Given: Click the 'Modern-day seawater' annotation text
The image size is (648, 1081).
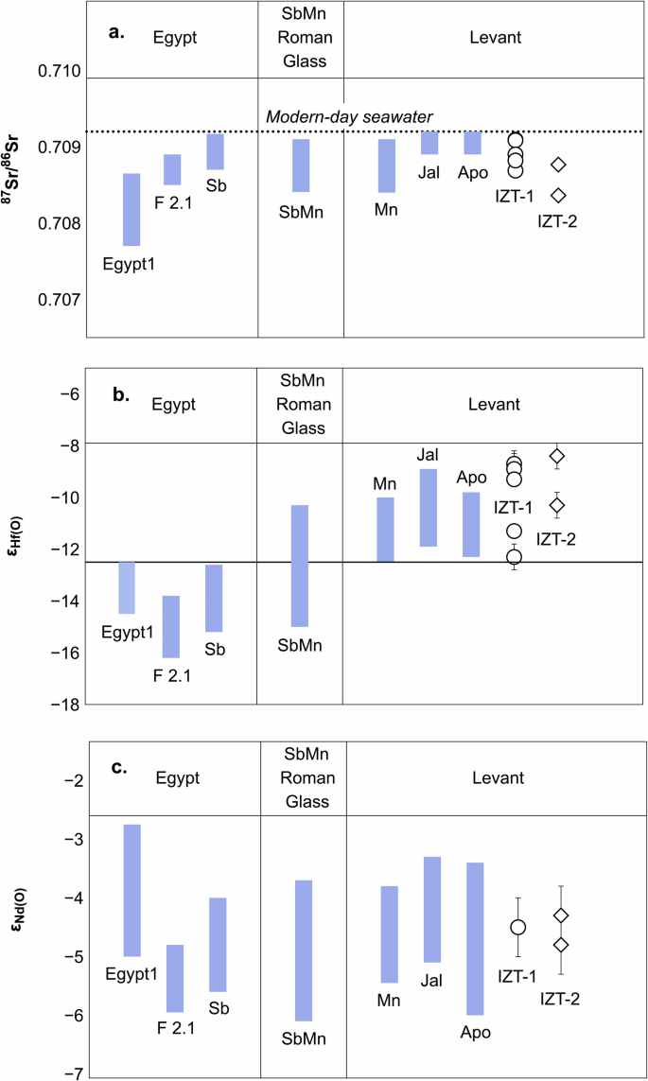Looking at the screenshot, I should [x=348, y=116].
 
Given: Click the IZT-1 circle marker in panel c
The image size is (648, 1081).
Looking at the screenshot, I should [x=517, y=927].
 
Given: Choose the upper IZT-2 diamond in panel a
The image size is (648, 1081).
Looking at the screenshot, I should [x=558, y=165].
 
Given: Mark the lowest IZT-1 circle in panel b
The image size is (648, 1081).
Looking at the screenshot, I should [x=514, y=556].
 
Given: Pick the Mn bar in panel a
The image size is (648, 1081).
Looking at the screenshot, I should [x=386, y=166].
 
